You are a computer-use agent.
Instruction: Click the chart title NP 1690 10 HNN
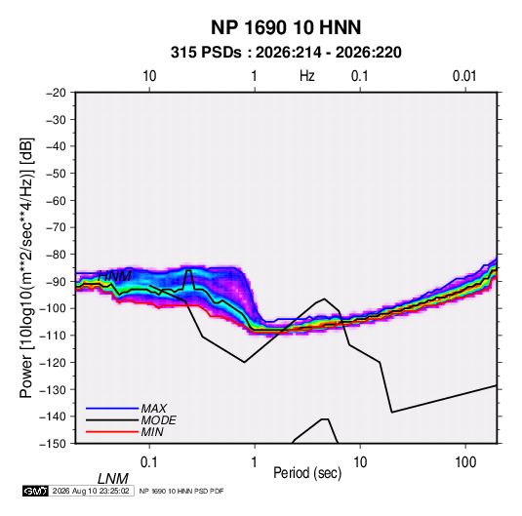[x=286, y=27]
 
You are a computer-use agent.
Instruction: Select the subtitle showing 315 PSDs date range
[x=286, y=53]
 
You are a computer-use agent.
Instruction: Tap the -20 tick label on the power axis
[x=56, y=93]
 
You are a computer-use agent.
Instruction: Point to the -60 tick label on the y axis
[x=56, y=200]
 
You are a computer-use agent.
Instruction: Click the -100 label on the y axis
[x=53, y=308]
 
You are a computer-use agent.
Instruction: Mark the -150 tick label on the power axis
[x=53, y=444]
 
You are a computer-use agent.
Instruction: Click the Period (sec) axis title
[x=307, y=473]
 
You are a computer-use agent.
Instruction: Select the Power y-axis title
[x=26, y=268]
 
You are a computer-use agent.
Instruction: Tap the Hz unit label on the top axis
[x=307, y=76]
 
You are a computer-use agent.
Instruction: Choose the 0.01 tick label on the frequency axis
[x=464, y=76]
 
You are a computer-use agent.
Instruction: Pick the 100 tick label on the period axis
[x=465, y=462]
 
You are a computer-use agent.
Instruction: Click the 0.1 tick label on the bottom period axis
[x=149, y=462]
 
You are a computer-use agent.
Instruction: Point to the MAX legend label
[x=154, y=409]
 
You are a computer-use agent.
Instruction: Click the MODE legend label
[x=158, y=420]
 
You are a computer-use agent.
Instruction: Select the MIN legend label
[x=152, y=432]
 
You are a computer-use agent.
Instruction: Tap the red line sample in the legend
[x=112, y=432]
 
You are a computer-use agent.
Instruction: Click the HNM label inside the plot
[x=114, y=276]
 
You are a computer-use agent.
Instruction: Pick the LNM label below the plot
[x=113, y=479]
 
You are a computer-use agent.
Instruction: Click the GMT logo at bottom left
[x=35, y=491]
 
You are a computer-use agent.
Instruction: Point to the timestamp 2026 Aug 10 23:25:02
[x=91, y=491]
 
